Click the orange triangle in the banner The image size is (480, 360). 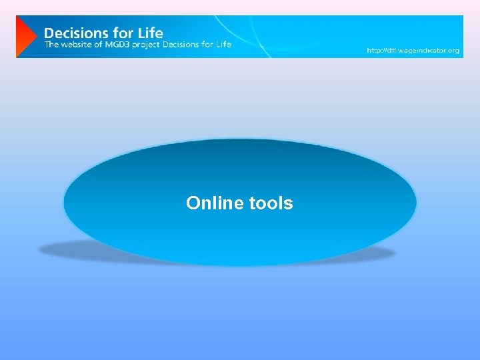[25, 37]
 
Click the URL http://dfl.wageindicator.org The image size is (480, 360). [413, 51]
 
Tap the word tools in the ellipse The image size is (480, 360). [271, 203]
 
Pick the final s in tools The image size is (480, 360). [289, 203]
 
